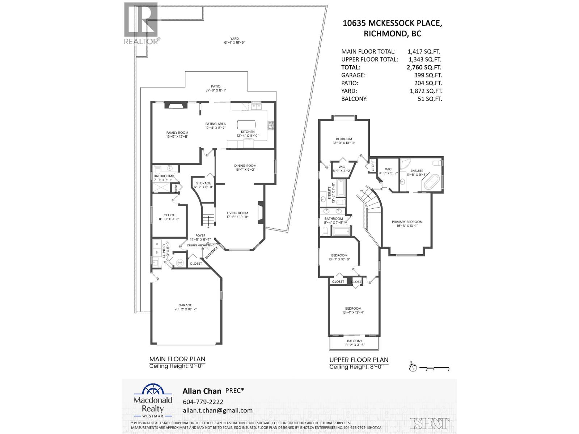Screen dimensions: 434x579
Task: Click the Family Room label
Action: [177, 133]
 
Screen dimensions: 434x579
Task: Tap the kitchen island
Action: [246, 124]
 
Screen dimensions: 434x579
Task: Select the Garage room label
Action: [185, 305]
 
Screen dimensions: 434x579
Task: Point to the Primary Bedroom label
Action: [407, 222]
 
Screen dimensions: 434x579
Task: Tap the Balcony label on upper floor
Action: [354, 341]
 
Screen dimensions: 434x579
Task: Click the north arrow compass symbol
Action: [412, 368]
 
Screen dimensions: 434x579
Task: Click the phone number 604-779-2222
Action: [203, 402]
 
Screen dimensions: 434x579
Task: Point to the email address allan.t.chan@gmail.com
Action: [218, 410]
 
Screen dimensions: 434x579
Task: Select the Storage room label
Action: [203, 183]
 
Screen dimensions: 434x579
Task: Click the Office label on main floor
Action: [169, 215]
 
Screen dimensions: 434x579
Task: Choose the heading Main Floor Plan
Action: [177, 359]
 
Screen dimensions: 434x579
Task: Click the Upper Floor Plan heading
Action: [359, 360]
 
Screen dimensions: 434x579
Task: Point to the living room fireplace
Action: [260, 213]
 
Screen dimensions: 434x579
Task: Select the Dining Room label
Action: [245, 166]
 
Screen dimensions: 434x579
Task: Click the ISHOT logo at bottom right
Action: [430, 424]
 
